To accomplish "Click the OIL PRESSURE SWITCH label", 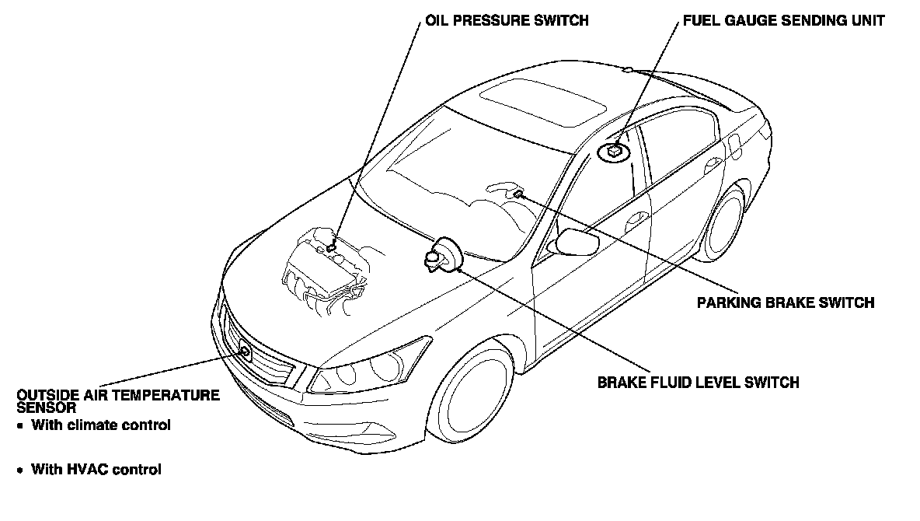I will pyautogui.click(x=506, y=21).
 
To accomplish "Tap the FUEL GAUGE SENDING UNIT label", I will pyautogui.click(x=783, y=21).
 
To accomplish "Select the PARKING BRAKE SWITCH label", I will pyautogui.click(x=786, y=302).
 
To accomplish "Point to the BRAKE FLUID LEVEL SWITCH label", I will pyautogui.click(x=698, y=382).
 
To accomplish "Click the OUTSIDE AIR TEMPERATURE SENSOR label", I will pyautogui.click(x=117, y=400).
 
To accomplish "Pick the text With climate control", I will pyautogui.click(x=100, y=425).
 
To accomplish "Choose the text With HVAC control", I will pyautogui.click(x=96, y=470).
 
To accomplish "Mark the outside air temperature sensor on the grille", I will pyautogui.click(x=245, y=351).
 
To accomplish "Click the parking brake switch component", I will pyautogui.click(x=517, y=193).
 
